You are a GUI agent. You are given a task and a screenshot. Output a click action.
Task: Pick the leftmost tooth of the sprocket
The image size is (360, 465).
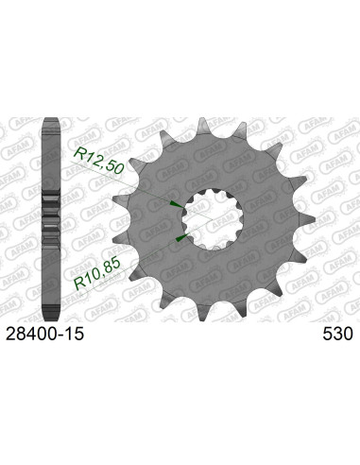[x=117, y=199]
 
